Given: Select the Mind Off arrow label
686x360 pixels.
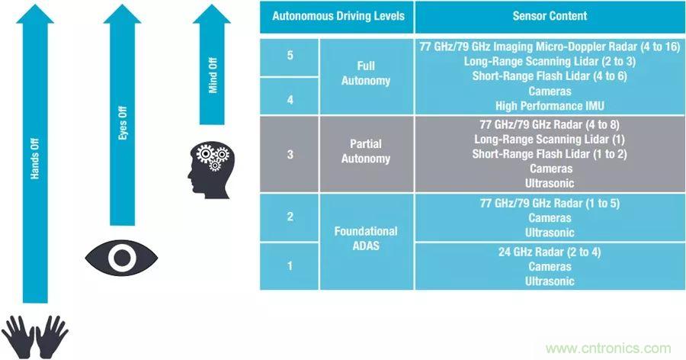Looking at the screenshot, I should tap(213, 75).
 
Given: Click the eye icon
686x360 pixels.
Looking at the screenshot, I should tap(121, 257).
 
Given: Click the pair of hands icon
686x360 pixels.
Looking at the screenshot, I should tap(35, 336).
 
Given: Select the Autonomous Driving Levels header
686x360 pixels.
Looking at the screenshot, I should tap(337, 15).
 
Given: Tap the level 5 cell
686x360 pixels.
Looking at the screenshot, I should tap(290, 56).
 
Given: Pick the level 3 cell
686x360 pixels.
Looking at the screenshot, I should tap(290, 153).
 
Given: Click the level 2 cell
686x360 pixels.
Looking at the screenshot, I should tap(290, 217).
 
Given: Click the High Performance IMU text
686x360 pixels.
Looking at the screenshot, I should tap(544, 105).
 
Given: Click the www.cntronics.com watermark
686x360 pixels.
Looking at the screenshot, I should tap(608, 347).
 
